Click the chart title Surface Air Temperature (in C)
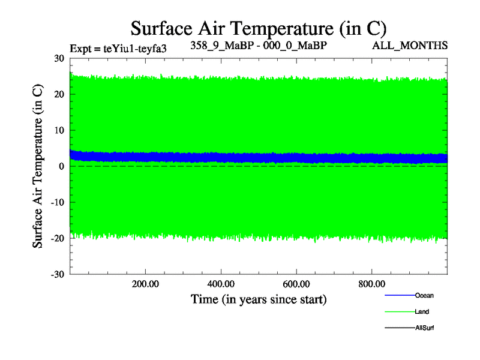point(259,28)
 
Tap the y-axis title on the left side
point(38,166)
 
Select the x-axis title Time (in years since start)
point(259,299)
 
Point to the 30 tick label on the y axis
point(59,58)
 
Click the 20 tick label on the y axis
point(59,94)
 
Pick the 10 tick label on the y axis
point(59,130)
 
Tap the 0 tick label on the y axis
point(62,166)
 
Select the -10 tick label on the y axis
point(57,202)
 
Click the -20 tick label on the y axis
point(57,238)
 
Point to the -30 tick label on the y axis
point(57,274)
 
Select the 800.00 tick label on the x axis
point(372,284)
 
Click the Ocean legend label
point(424,295)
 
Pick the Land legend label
point(422,311)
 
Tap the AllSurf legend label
point(424,328)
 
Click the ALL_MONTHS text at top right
point(410,46)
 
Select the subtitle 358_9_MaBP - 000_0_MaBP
point(259,45)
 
